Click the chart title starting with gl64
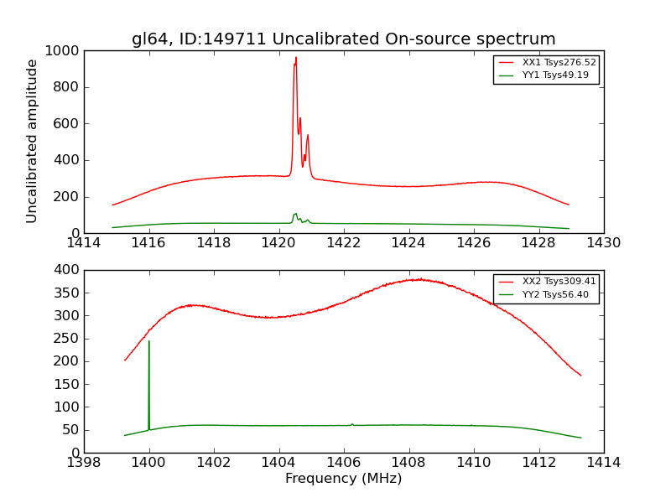[x=343, y=39]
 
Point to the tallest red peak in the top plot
[x=295, y=58]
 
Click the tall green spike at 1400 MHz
[x=149, y=341]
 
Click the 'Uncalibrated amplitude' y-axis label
[x=32, y=141]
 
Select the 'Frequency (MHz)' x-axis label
[x=343, y=479]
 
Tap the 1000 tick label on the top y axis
[x=63, y=51]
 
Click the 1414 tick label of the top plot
[x=84, y=243]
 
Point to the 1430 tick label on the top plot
[x=603, y=243]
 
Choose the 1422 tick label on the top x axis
[x=344, y=243]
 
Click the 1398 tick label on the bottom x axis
[x=84, y=463]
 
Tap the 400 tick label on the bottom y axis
[x=67, y=270]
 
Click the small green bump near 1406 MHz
[x=352, y=424]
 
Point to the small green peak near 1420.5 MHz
[x=295, y=214]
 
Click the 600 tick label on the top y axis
[x=67, y=124]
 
